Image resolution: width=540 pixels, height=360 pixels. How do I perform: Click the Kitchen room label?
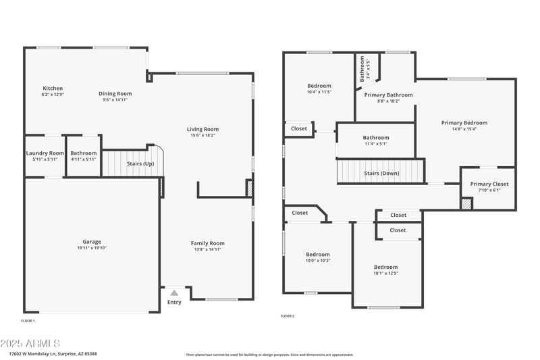[53, 88]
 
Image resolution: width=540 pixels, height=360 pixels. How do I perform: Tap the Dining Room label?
[115, 94]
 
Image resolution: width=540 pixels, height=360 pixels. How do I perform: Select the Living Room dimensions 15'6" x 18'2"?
[202, 136]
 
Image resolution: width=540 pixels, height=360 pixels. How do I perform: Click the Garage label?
[92, 242]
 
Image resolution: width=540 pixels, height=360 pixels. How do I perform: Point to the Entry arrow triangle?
[174, 292]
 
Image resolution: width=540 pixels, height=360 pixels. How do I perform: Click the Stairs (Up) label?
[140, 164]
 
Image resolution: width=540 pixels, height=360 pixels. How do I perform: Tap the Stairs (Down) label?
[381, 174]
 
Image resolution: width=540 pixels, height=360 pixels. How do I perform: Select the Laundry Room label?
[45, 153]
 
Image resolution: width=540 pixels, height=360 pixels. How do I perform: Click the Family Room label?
[207, 243]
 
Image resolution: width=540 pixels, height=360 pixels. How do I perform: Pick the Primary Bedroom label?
[464, 123]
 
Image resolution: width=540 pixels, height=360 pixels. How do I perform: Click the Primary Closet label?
[489, 184]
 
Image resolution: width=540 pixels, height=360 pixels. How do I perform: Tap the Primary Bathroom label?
[388, 95]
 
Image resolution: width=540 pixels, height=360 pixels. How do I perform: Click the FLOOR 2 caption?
[288, 316]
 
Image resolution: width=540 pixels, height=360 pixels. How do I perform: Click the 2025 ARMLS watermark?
[31, 343]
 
